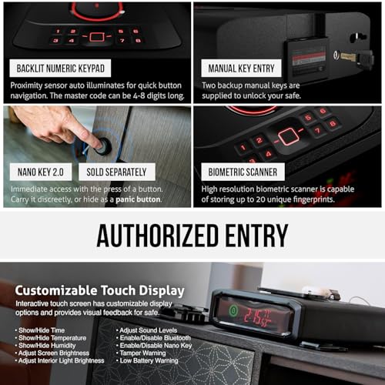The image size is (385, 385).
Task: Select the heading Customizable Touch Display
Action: [x=100, y=290]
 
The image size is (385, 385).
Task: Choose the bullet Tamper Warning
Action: [x=146, y=353]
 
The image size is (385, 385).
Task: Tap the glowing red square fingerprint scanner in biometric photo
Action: [x=290, y=136]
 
